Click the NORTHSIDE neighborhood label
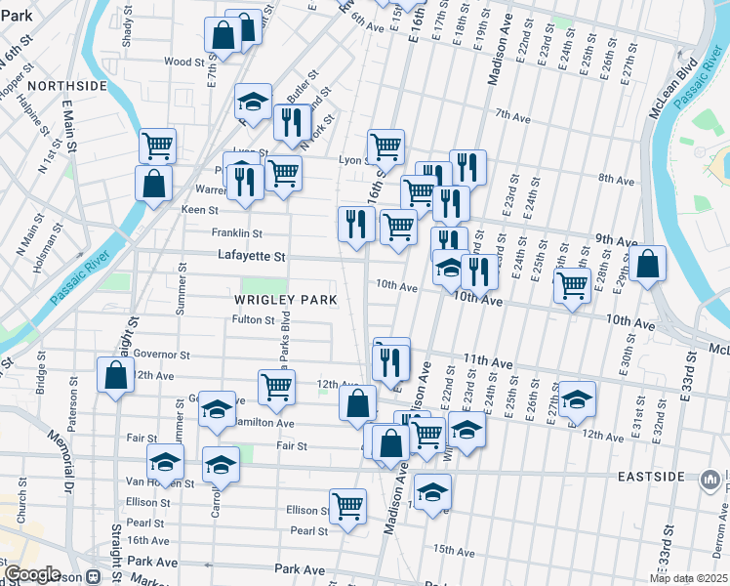coord(66,86)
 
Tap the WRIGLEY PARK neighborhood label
coord(285,299)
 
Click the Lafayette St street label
coord(251,257)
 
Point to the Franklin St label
coord(237,233)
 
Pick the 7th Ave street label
coord(511,116)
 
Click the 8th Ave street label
coord(617,179)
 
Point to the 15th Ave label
coord(453,550)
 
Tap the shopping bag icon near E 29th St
coord(646,264)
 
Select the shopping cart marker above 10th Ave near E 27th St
coord(572,285)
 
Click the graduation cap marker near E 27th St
coord(577,398)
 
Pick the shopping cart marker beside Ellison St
coord(347,506)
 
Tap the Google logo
coord(33,574)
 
